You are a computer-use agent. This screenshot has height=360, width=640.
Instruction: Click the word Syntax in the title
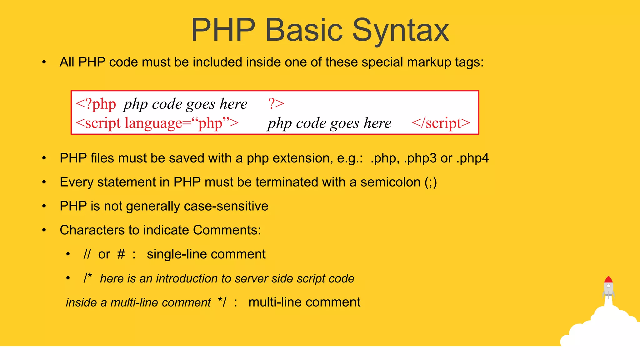click(401, 30)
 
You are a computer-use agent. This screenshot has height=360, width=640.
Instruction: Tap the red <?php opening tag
click(96, 104)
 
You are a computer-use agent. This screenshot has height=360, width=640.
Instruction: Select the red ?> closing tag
click(276, 103)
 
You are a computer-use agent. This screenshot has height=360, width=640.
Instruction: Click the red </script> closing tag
click(441, 123)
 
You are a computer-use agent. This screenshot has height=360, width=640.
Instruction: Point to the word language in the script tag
click(153, 123)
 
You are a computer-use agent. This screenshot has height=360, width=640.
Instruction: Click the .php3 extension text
click(420, 158)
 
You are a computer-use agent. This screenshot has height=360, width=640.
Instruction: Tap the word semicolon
click(390, 182)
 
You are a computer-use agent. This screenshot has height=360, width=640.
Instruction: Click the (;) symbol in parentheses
click(431, 182)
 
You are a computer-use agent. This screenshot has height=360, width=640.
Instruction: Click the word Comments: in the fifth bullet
click(227, 230)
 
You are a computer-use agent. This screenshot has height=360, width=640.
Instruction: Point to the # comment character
click(121, 254)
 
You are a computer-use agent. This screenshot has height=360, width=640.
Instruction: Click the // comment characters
click(87, 254)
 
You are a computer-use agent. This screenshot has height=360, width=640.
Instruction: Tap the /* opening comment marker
click(88, 277)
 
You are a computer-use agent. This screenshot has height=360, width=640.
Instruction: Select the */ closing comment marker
click(222, 302)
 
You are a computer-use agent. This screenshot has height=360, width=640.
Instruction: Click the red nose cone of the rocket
click(608, 279)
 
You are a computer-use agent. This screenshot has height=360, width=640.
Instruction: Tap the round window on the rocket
click(608, 286)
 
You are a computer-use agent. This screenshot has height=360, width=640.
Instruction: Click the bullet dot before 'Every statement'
click(44, 182)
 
